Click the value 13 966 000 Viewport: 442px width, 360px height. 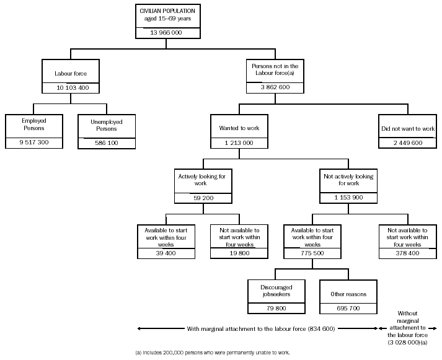(x=166, y=32)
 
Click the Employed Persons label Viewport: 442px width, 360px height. (x=34, y=124)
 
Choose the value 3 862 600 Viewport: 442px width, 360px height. (x=275, y=88)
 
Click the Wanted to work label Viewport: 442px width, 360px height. (x=239, y=128)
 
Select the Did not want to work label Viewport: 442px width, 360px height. (x=408, y=129)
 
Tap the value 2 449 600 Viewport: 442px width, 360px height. (x=408, y=143)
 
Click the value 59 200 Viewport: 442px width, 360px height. (x=203, y=198)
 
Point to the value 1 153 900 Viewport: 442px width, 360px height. (x=348, y=198)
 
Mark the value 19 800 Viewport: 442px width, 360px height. (x=239, y=253)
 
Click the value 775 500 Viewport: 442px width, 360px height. (x=311, y=253)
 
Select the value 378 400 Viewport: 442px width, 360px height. (x=408, y=253)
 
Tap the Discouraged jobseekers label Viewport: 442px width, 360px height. (x=275, y=291)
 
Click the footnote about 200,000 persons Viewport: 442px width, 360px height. (x=212, y=353)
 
